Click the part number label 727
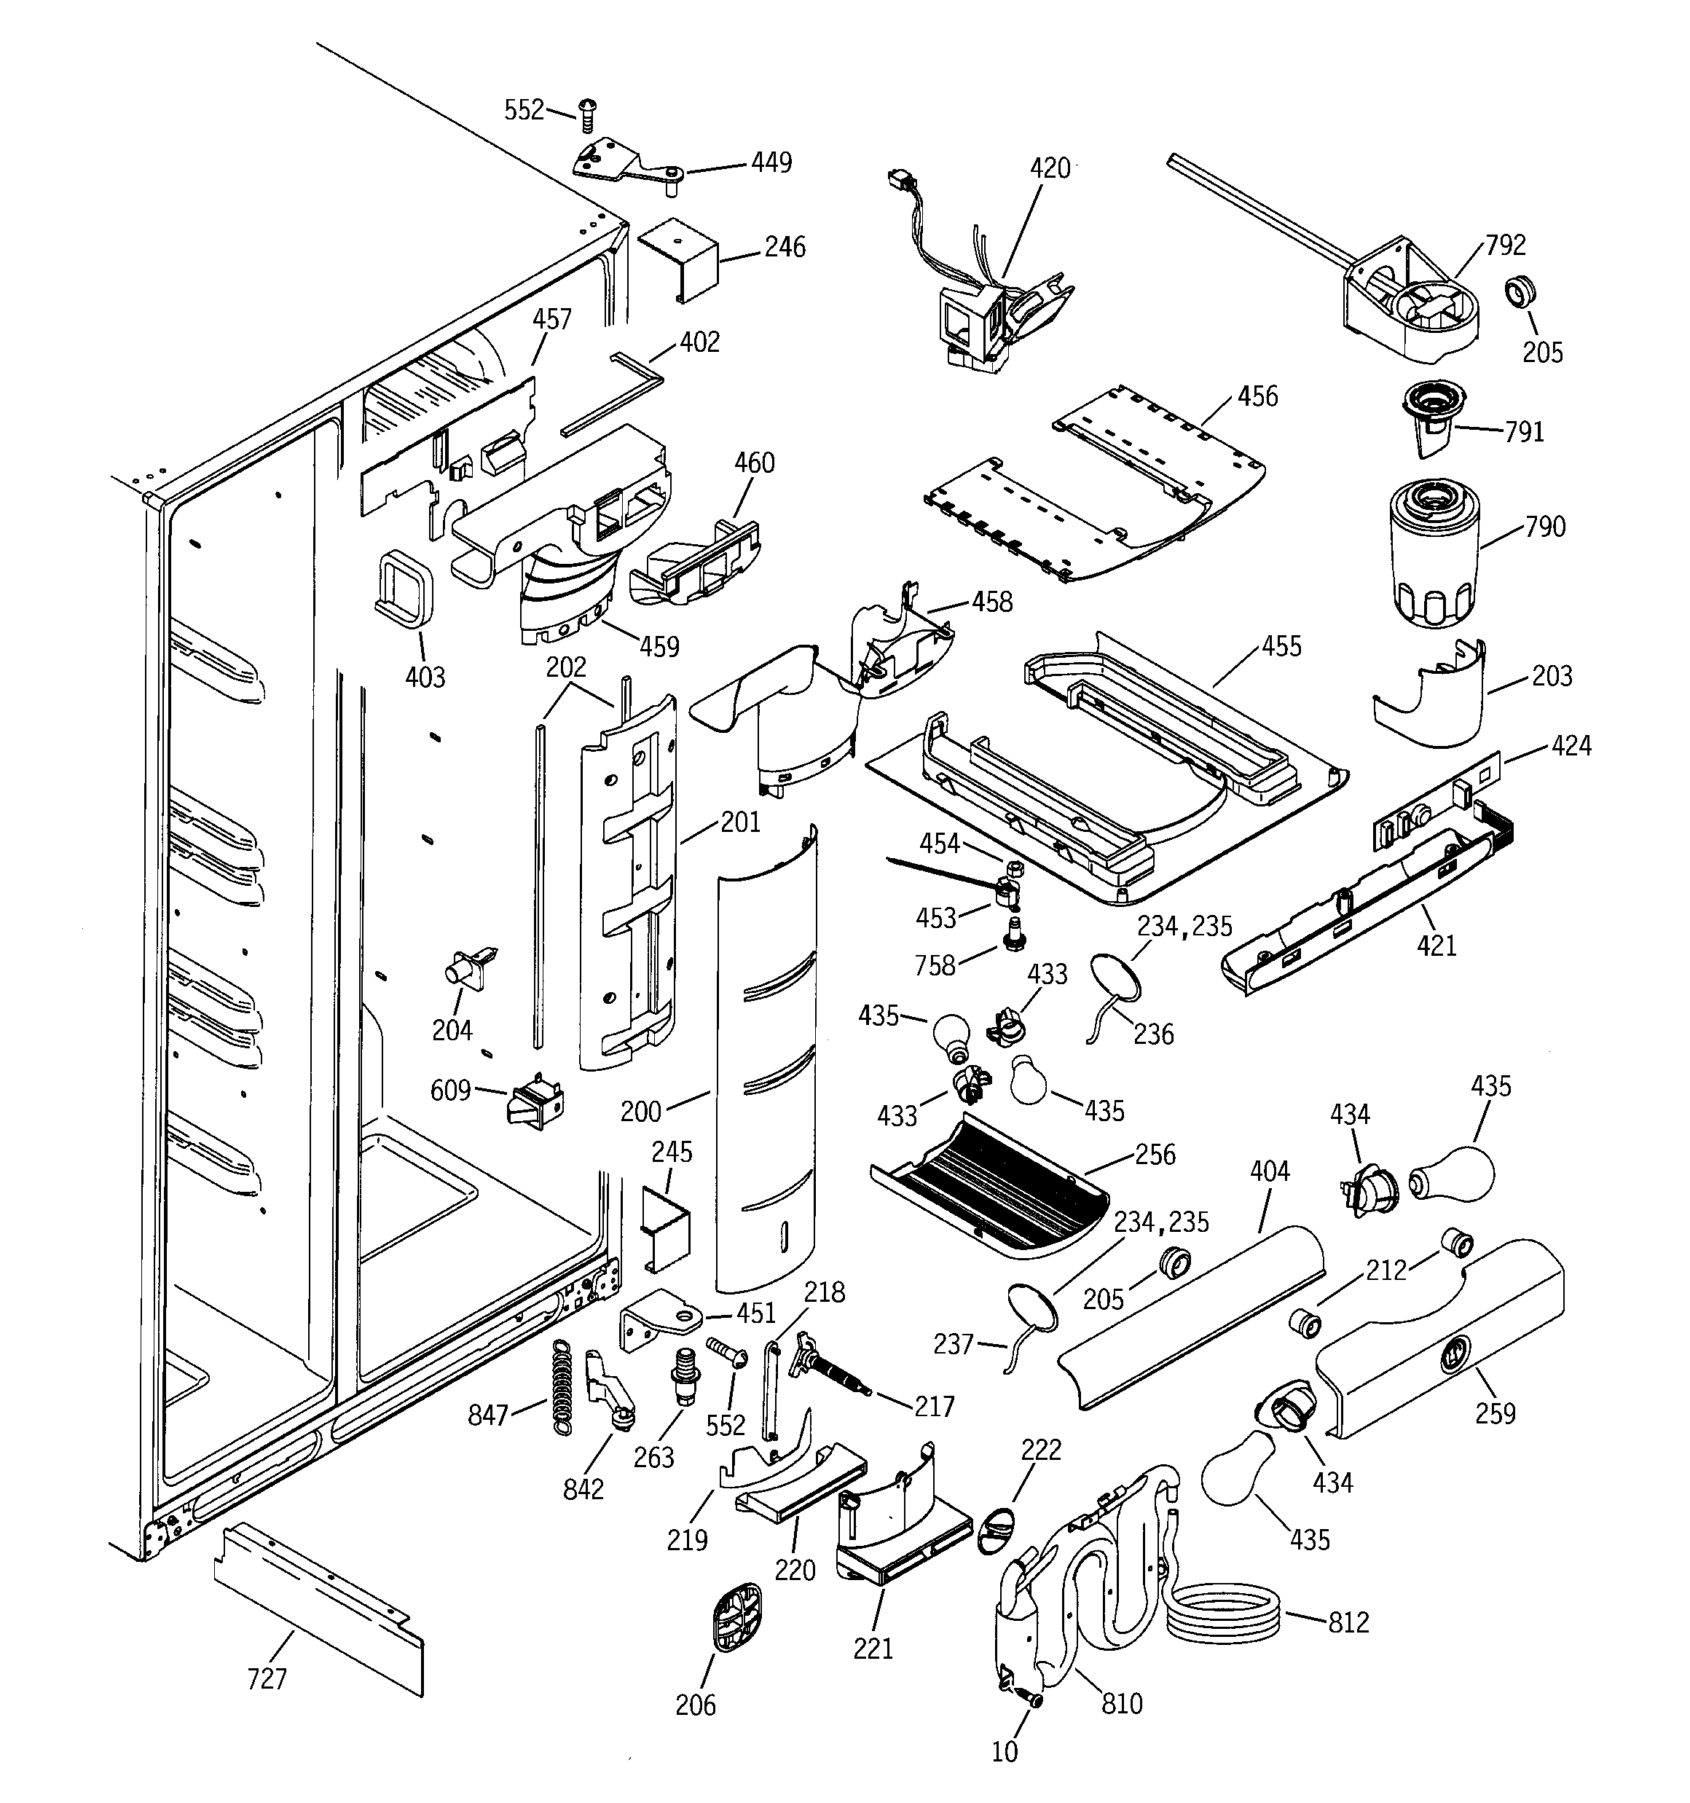[267, 1678]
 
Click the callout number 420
[1050, 169]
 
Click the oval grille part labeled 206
[734, 1622]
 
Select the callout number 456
[1257, 396]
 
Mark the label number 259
[1495, 1413]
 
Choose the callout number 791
[1524, 432]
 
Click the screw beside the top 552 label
[586, 115]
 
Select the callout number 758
[935, 965]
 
